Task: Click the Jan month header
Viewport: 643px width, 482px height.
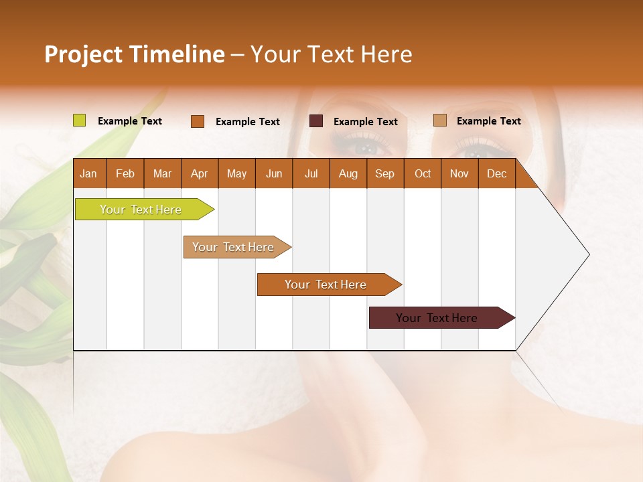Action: tap(89, 173)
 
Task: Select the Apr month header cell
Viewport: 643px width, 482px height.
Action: tap(200, 173)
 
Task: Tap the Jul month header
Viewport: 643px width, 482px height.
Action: tap(311, 173)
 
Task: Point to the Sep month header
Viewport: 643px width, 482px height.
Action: tap(385, 173)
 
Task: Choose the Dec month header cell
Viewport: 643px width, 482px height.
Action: tap(496, 173)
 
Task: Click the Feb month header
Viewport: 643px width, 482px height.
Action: tap(125, 173)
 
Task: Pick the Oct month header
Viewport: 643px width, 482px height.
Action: tap(423, 173)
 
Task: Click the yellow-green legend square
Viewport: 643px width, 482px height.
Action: tap(79, 120)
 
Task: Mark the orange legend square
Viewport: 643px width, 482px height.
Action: tap(197, 121)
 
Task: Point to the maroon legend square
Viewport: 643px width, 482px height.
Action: tap(316, 121)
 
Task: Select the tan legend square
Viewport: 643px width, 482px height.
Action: tap(439, 120)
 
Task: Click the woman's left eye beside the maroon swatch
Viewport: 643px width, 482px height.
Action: tap(365, 146)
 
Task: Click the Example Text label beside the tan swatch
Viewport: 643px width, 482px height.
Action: tap(488, 121)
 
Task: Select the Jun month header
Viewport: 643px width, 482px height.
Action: tap(274, 173)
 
